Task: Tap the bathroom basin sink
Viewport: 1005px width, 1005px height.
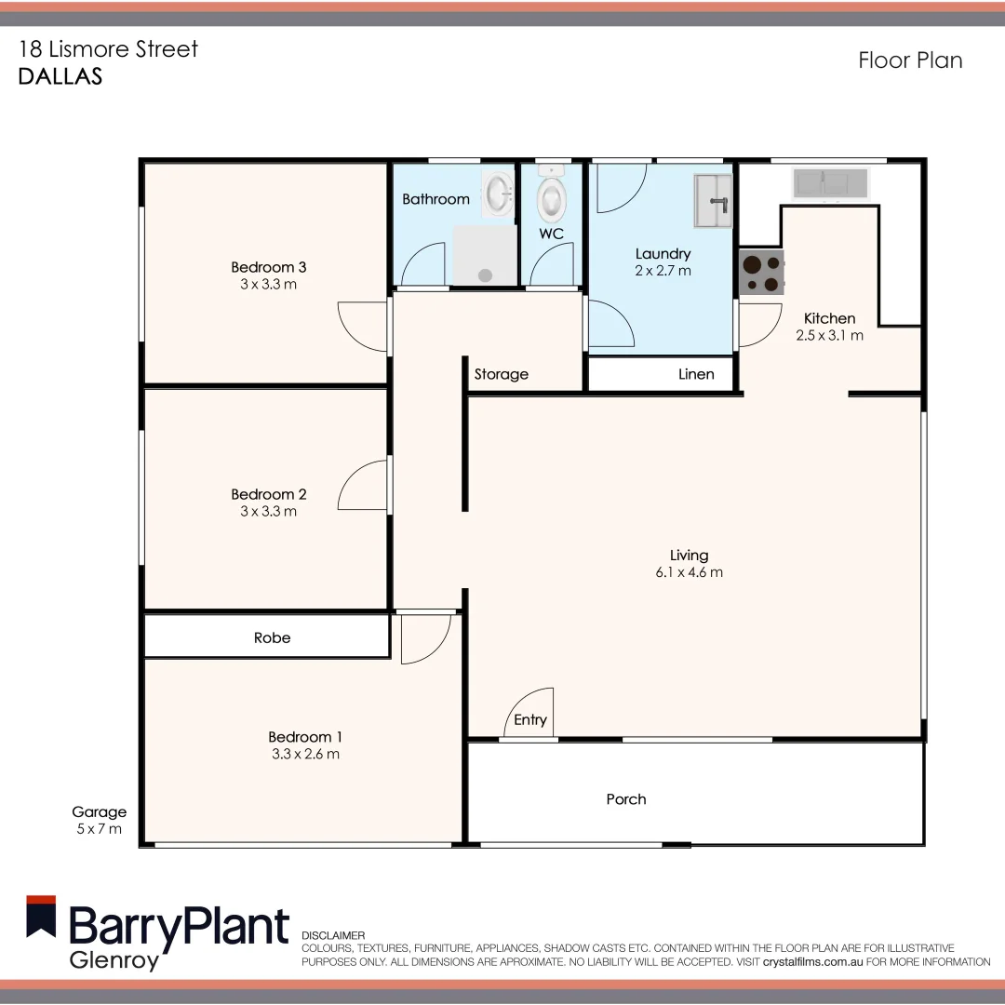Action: pos(498,195)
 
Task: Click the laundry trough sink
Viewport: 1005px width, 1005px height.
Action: pos(713,200)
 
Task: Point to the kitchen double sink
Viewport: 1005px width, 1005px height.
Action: pos(830,183)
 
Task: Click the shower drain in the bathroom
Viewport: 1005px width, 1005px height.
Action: pos(484,275)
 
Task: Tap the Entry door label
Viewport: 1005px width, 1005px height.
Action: pos(530,720)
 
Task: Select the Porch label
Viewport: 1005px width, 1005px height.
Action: pos(625,799)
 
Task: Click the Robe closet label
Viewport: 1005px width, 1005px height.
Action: pos(272,638)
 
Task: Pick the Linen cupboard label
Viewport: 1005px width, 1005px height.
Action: pos(696,374)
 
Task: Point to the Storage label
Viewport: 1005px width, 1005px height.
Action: pos(501,374)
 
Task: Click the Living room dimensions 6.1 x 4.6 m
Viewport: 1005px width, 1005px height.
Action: pos(689,572)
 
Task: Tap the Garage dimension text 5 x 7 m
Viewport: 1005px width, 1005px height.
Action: pos(99,829)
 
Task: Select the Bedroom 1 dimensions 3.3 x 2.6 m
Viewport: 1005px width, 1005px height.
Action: pos(305,754)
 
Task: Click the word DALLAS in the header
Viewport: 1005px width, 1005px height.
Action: pos(60,77)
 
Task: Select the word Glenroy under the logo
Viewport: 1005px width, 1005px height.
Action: pos(114,960)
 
